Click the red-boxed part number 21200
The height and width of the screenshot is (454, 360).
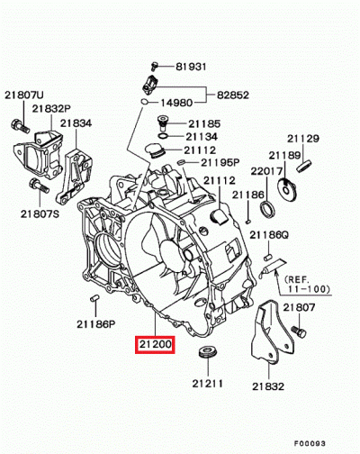click(x=154, y=344)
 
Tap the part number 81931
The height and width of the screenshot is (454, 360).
click(x=192, y=66)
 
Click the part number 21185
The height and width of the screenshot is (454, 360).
click(x=203, y=122)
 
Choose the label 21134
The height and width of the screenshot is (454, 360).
click(x=203, y=136)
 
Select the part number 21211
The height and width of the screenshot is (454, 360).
click(x=205, y=384)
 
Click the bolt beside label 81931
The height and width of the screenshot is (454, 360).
click(x=155, y=66)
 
